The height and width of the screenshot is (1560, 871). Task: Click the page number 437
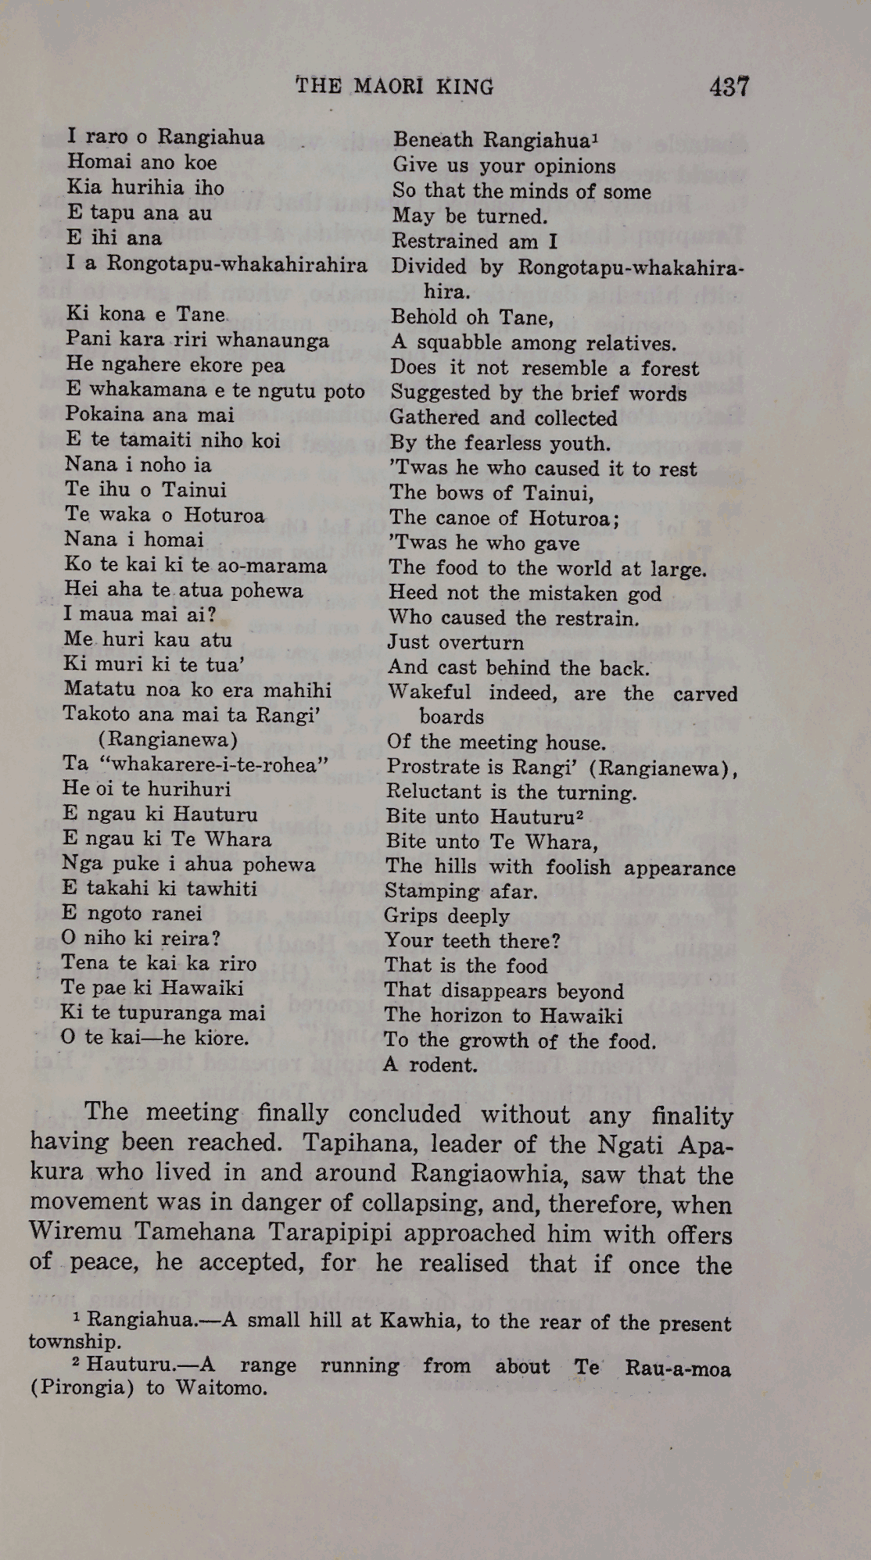coord(729,86)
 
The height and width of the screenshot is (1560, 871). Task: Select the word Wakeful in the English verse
coord(429,692)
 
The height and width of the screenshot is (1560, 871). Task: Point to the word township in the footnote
coord(73,1342)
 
